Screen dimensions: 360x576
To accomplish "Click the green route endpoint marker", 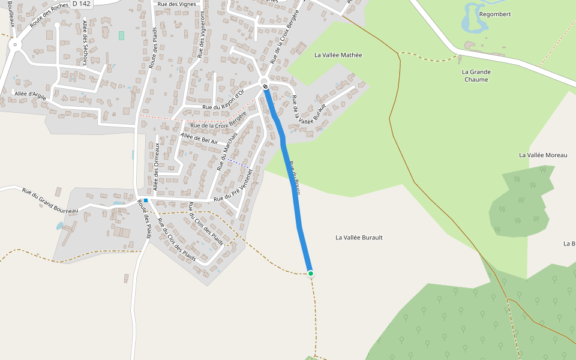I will [311, 274].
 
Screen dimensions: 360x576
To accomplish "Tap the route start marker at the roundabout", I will [265, 87].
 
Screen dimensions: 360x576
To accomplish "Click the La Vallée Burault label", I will [359, 238].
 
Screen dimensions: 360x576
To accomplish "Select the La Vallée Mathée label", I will [338, 55].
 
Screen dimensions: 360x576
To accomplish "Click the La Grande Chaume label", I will [476, 76].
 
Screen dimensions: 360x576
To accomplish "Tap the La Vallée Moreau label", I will [542, 155].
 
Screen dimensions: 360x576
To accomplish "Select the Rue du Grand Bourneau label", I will [50, 201].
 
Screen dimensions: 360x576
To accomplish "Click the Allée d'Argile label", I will [31, 95].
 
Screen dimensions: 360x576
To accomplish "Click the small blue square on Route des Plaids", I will [146, 200].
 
